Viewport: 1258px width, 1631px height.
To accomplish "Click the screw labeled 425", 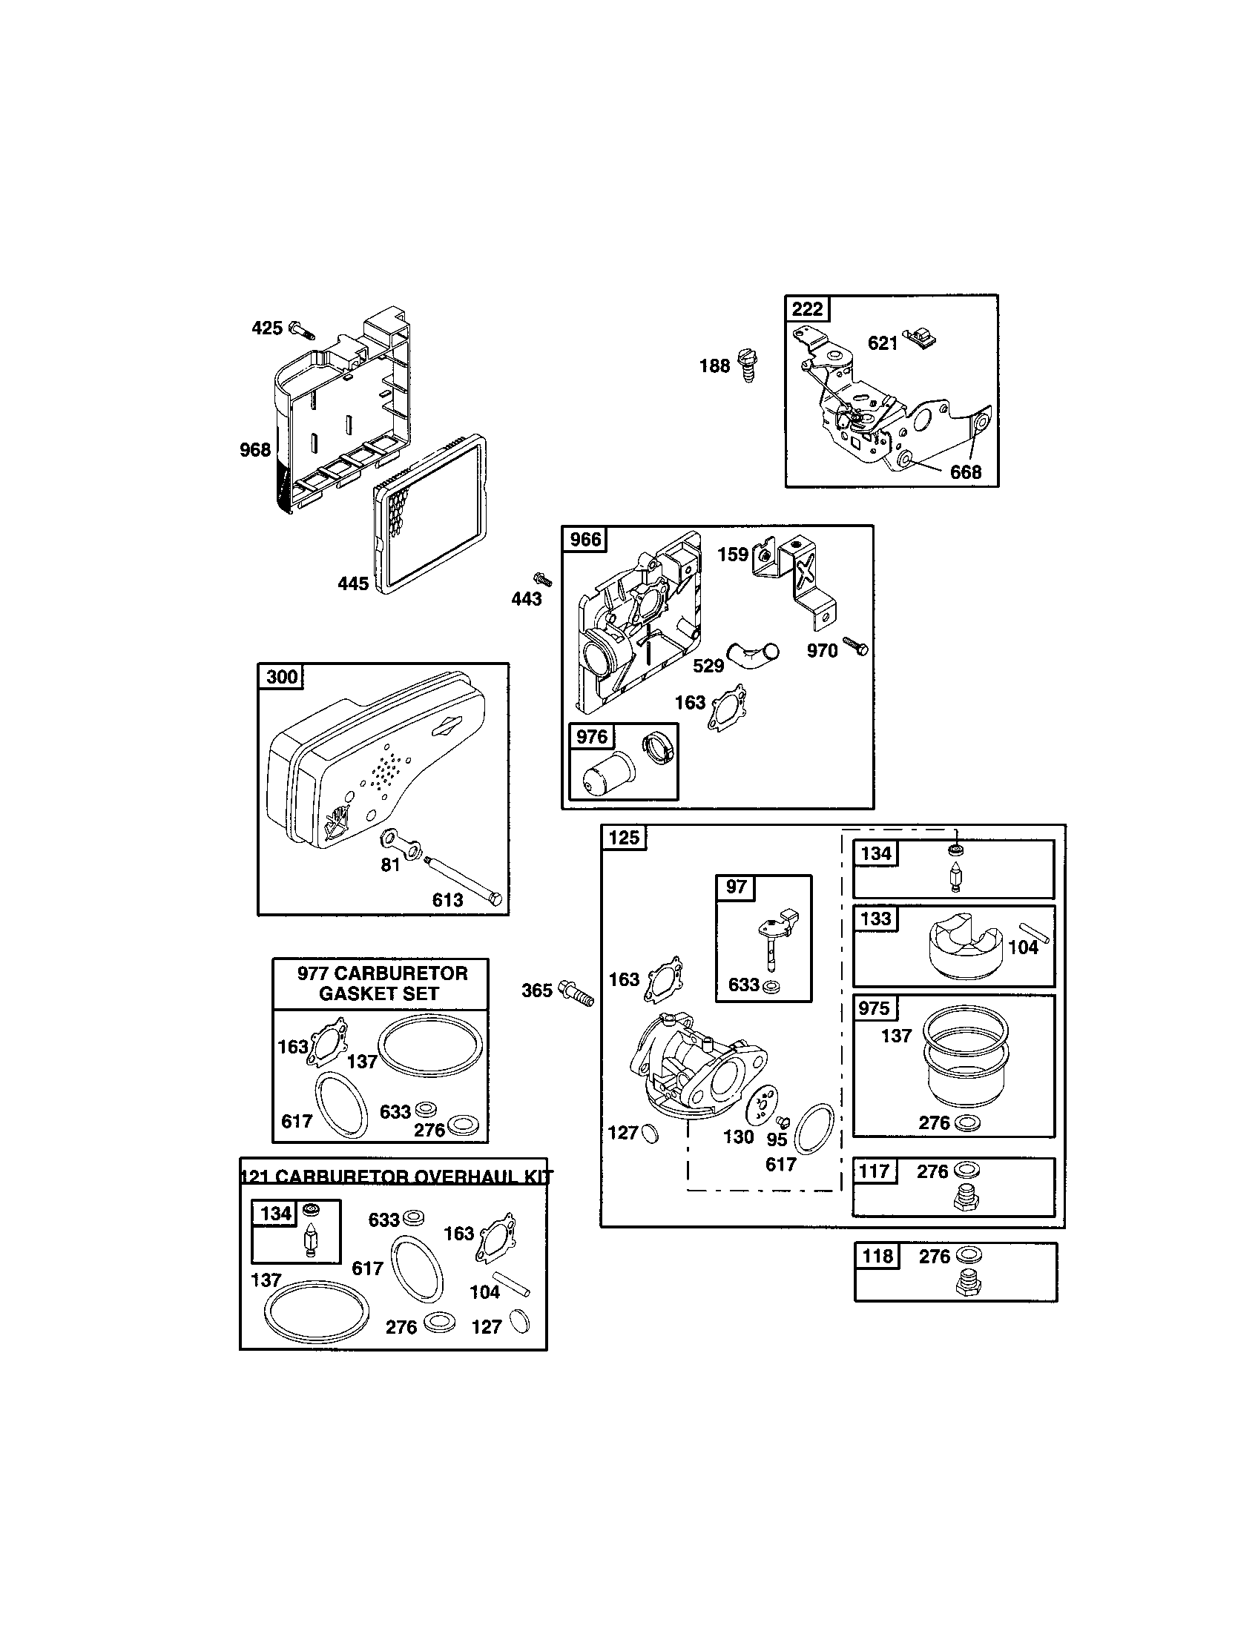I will pyautogui.click(x=300, y=329).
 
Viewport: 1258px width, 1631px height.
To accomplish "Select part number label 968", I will pyautogui.click(x=254, y=449).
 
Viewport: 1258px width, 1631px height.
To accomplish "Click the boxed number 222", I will pyautogui.click(x=807, y=309).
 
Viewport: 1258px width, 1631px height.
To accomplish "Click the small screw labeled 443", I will pyautogui.click(x=542, y=579).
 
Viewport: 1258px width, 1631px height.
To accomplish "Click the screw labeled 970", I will pyautogui.click(x=855, y=646).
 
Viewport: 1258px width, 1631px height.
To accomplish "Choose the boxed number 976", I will pyautogui.click(x=592, y=737).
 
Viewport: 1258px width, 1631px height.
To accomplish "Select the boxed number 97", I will pyautogui.click(x=736, y=887).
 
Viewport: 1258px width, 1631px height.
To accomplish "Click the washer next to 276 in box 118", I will pyautogui.click(x=968, y=1255).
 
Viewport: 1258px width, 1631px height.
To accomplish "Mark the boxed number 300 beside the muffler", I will pyautogui.click(x=282, y=677).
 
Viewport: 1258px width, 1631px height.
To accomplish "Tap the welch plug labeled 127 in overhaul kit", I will pyautogui.click(x=519, y=1321).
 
